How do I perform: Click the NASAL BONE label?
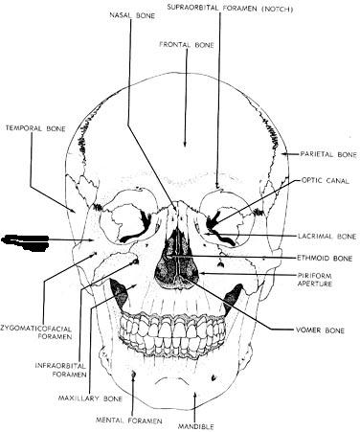coord(132,15)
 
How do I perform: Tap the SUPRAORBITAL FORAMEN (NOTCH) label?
coord(230,9)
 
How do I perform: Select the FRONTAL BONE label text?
coord(187,45)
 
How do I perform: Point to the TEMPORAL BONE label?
coord(35,128)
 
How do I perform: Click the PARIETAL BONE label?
coord(328,154)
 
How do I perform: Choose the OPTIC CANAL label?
coord(326,181)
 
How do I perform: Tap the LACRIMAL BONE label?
coord(327,237)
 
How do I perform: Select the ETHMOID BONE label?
coord(325,258)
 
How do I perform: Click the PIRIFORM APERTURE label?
coord(315,279)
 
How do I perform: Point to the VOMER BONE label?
coord(320,330)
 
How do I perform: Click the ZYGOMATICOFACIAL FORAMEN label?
coord(36,332)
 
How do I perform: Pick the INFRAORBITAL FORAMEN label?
coord(60,370)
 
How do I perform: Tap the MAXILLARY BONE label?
coord(90,398)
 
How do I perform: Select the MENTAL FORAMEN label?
coord(129,421)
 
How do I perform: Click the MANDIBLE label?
coord(196,426)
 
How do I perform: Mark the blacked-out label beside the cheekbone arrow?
coord(26,242)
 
